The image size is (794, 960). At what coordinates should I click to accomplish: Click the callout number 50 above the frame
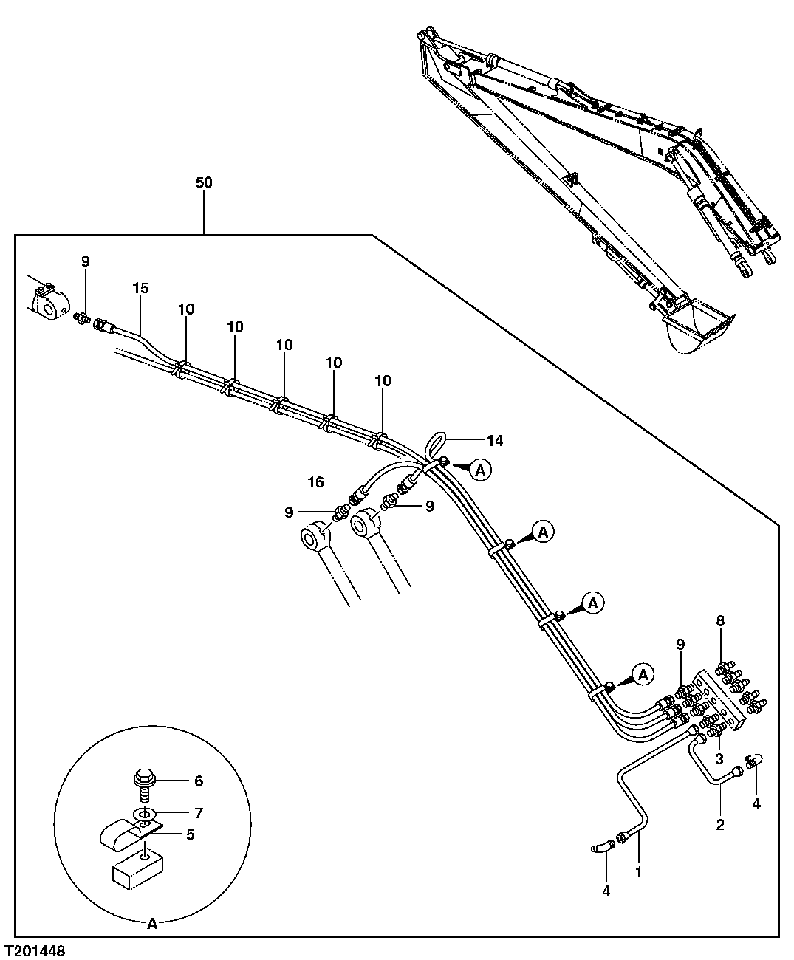[x=203, y=182]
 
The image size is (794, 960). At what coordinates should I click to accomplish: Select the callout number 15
[x=140, y=287]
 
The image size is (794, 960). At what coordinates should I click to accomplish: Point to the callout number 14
[x=495, y=441]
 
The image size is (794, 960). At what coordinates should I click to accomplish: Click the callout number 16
[x=315, y=482]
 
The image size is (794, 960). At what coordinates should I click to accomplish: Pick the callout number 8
[x=721, y=620]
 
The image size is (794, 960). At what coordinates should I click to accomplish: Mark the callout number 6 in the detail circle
[x=197, y=781]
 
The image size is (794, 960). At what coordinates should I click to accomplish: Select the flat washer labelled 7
[x=143, y=814]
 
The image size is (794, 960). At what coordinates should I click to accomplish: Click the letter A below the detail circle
[x=152, y=923]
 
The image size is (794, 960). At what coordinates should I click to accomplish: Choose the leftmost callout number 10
[x=185, y=309]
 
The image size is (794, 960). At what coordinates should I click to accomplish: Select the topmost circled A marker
[x=480, y=468]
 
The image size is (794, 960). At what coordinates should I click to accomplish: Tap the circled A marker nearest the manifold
[x=643, y=673]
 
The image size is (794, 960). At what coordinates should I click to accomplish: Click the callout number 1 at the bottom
[x=638, y=871]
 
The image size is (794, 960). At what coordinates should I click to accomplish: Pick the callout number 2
[x=720, y=824]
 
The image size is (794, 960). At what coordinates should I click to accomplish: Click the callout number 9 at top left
[x=85, y=261]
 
